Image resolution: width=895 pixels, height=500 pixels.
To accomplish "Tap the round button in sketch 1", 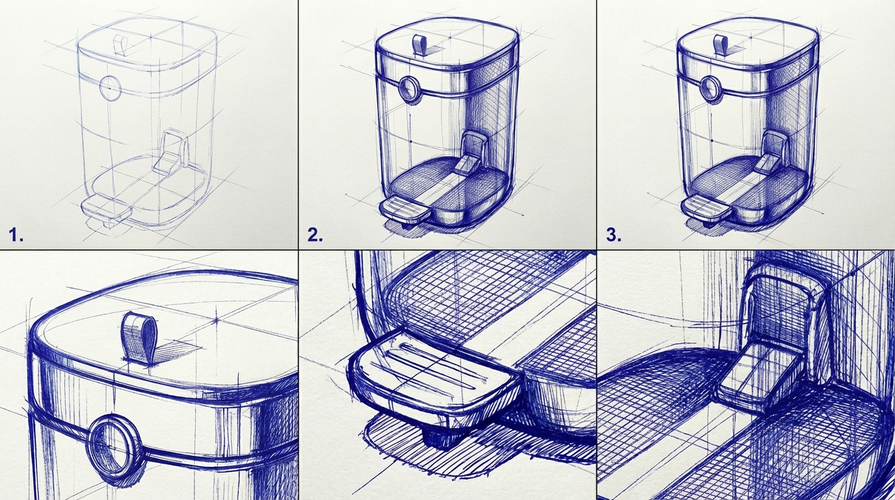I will [x=110, y=87].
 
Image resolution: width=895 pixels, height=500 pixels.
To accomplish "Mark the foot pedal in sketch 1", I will [x=106, y=209].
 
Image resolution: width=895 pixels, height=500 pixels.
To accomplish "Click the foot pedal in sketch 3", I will [x=704, y=209].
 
